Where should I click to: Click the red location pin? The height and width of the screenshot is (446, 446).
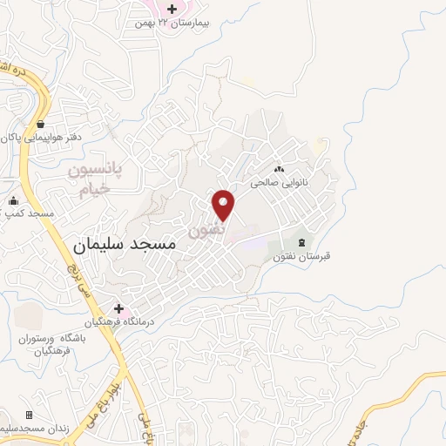[224, 205]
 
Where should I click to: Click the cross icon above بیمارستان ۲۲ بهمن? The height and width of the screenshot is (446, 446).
[172, 9]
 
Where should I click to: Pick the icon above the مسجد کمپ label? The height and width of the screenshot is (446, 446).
[12, 201]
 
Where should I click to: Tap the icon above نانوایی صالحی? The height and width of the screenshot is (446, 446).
[280, 170]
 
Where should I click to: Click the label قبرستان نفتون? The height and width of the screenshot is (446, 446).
[307, 256]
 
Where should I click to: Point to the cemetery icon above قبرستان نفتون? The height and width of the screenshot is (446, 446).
[302, 242]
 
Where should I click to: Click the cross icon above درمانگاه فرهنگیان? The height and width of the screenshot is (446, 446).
[119, 308]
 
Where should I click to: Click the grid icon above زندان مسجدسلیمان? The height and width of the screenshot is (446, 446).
[29, 415]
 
